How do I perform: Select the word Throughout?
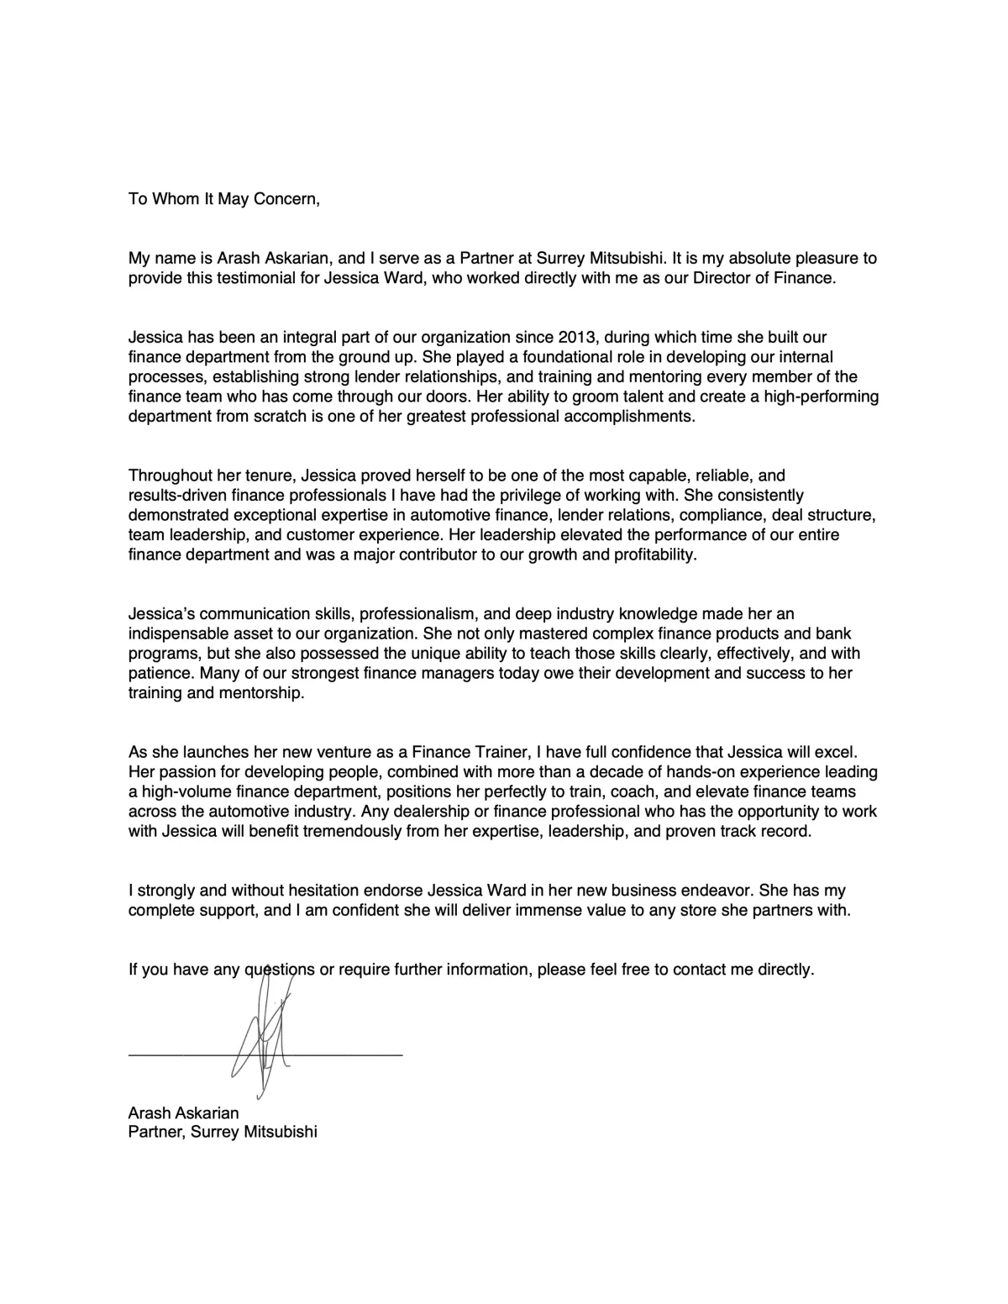[168, 476]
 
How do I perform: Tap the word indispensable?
[176, 634]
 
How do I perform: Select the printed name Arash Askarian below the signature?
[183, 1112]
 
